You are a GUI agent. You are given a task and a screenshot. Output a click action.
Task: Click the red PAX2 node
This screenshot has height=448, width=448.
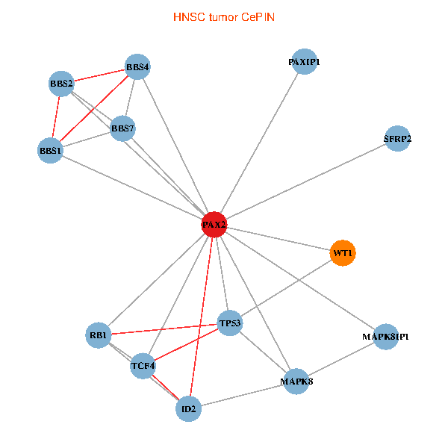214,225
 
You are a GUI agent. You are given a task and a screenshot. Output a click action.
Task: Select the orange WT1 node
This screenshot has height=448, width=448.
342,253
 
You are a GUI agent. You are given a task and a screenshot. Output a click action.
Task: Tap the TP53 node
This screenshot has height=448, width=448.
230,323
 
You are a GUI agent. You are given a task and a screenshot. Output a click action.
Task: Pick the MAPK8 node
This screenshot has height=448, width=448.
296,382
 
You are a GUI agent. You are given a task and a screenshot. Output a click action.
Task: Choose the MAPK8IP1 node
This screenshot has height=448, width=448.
385,337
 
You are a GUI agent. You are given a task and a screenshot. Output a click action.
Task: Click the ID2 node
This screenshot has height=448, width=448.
189,409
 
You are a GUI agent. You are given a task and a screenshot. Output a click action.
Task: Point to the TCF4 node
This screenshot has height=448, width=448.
143,366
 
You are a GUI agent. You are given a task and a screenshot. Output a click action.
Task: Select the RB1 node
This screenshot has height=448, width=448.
99,334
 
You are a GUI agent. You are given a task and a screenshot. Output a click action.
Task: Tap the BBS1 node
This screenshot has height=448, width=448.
50,151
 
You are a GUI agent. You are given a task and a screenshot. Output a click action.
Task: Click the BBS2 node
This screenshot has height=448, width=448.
61,84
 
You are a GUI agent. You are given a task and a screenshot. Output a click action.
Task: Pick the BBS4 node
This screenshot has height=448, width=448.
137,67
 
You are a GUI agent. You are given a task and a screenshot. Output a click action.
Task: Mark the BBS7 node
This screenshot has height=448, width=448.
122,128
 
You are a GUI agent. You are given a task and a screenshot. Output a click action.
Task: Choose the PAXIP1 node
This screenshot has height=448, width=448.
304,62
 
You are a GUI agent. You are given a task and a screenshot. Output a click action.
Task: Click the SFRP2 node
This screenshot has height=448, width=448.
397,139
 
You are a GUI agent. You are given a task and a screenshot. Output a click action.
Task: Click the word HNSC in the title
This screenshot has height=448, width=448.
187,16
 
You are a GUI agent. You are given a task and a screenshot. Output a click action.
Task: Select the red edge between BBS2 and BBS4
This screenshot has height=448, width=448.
99,75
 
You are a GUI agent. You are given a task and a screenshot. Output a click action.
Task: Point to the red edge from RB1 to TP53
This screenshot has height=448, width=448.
164,329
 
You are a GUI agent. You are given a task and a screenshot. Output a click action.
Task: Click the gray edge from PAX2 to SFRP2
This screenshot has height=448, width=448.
306,181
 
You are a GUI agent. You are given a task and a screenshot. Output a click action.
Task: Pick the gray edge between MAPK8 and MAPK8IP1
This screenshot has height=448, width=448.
340,359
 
